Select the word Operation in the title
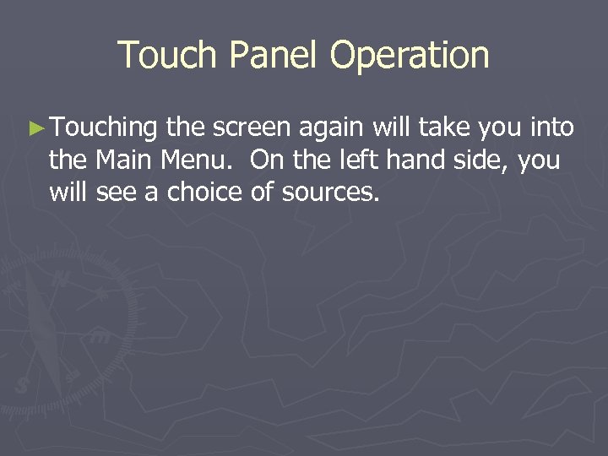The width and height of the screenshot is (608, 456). tap(410, 56)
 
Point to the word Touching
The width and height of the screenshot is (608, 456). tap(104, 128)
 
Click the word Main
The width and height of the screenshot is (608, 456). tap(120, 160)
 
